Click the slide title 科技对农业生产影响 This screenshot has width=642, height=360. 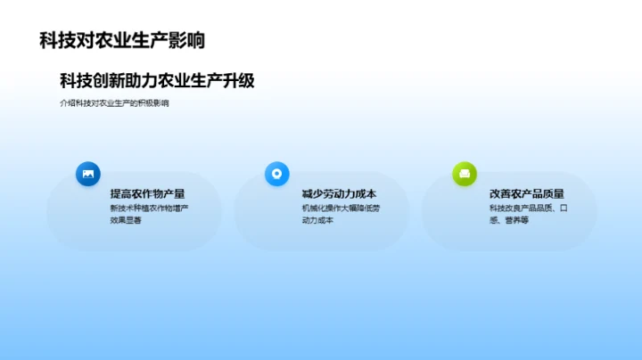pos(122,40)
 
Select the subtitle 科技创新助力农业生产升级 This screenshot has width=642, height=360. pos(158,80)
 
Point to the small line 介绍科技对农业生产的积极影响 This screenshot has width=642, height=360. pos(114,103)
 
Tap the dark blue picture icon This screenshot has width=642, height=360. pos(88,174)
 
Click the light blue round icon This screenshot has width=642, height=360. pos(277,174)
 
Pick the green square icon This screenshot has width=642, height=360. pos(465,174)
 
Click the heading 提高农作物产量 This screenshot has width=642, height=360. pos(147,193)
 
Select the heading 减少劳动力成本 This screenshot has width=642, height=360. pos(339,193)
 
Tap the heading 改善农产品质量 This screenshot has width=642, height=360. pos(527,193)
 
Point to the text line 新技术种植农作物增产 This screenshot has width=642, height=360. pos(149,209)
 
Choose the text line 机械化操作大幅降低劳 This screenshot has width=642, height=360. pos(341,209)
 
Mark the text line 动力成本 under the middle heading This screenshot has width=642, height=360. pos(317,220)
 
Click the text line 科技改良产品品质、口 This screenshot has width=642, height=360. pos(529,209)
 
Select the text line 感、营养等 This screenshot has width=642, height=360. pos(508,220)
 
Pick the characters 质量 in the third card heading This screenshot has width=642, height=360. pos(553,193)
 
